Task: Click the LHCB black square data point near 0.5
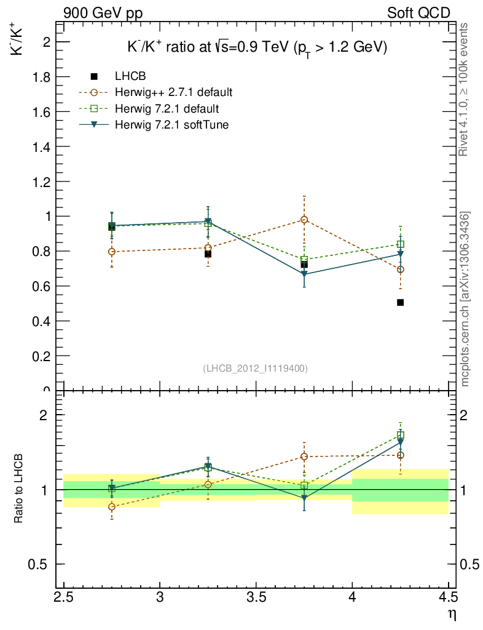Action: (x=400, y=302)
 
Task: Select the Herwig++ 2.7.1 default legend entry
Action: (x=173, y=93)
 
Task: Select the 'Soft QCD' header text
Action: (x=418, y=12)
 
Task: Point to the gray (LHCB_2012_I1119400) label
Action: (x=255, y=368)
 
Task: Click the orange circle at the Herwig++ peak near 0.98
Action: (x=304, y=220)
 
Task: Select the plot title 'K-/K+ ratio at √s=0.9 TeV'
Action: (x=253, y=48)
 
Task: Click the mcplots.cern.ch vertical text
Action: (x=465, y=299)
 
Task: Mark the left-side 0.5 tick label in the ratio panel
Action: (x=40, y=564)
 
